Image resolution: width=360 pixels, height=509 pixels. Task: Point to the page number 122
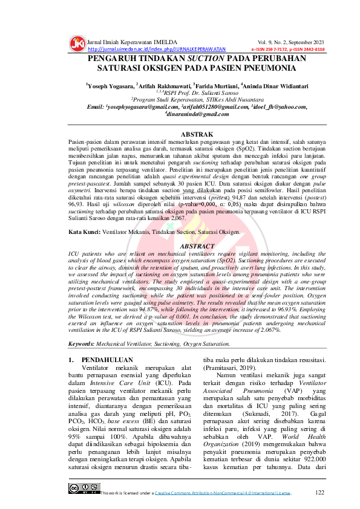(320, 493)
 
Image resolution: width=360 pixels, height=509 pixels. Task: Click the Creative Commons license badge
(83, 488)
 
